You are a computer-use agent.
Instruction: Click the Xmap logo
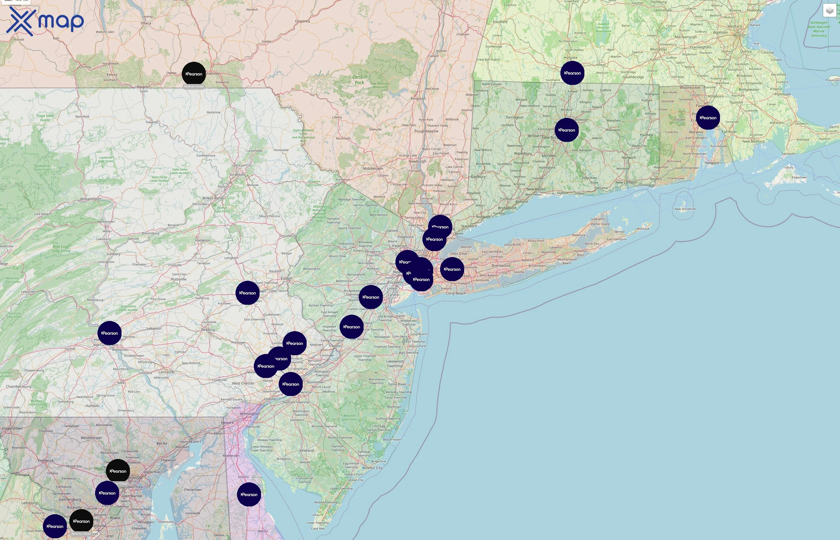click(45, 21)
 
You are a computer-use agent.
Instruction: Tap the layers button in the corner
click(829, 10)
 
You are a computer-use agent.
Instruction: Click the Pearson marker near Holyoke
click(572, 73)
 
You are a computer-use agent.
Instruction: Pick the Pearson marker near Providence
click(708, 118)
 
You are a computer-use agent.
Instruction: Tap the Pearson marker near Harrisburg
click(109, 333)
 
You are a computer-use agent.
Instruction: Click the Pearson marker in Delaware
click(249, 494)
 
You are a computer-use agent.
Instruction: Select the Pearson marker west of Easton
click(247, 293)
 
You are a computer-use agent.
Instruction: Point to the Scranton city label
click(237, 175)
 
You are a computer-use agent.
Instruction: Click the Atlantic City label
click(372, 468)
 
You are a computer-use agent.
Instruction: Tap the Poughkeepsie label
click(426, 131)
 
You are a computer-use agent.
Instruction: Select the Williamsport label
click(91, 199)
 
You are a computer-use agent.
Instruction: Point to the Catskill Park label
click(359, 79)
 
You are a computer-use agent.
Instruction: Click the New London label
click(626, 182)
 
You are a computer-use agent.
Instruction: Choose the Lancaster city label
click(166, 372)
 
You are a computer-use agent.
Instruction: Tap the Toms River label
click(397, 384)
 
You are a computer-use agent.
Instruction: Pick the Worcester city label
click(658, 49)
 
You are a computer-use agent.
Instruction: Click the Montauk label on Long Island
click(643, 229)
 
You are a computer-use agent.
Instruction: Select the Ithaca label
click(146, 23)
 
